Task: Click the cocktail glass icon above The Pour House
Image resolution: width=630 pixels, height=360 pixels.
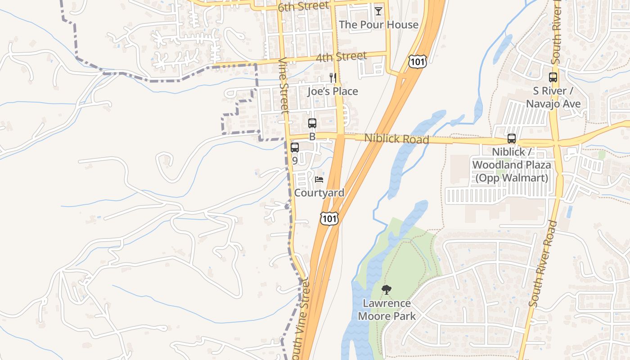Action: [378, 11]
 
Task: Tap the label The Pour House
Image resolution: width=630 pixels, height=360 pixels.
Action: [378, 25]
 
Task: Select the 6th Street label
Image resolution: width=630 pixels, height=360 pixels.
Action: [303, 7]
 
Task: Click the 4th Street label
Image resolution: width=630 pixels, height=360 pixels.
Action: [341, 57]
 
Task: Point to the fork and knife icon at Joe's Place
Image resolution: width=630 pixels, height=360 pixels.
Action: [333, 78]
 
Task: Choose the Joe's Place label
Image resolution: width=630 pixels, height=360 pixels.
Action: [333, 91]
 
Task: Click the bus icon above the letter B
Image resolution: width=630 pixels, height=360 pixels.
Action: [312, 123]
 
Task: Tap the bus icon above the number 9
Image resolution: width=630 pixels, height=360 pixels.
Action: [295, 147]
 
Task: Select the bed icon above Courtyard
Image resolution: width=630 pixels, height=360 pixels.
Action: [319, 180]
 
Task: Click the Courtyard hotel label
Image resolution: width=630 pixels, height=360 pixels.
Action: [319, 193]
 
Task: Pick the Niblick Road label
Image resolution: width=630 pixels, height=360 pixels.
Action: [396, 139]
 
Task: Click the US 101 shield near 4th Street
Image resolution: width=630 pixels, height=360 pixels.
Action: [417, 62]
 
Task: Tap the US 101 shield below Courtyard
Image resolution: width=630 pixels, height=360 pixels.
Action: [329, 219]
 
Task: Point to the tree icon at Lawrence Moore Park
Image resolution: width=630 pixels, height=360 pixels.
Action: [386, 290]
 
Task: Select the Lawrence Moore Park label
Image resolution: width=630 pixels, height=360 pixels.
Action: [387, 310]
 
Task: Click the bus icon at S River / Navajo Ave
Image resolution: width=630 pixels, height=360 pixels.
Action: [553, 77]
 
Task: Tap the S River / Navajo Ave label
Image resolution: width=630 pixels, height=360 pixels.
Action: [553, 97]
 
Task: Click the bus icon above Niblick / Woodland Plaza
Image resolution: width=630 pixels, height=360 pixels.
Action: [511, 139]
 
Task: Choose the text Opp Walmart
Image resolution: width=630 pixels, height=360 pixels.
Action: [512, 178]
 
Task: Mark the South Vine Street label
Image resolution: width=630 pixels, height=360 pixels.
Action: [300, 319]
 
